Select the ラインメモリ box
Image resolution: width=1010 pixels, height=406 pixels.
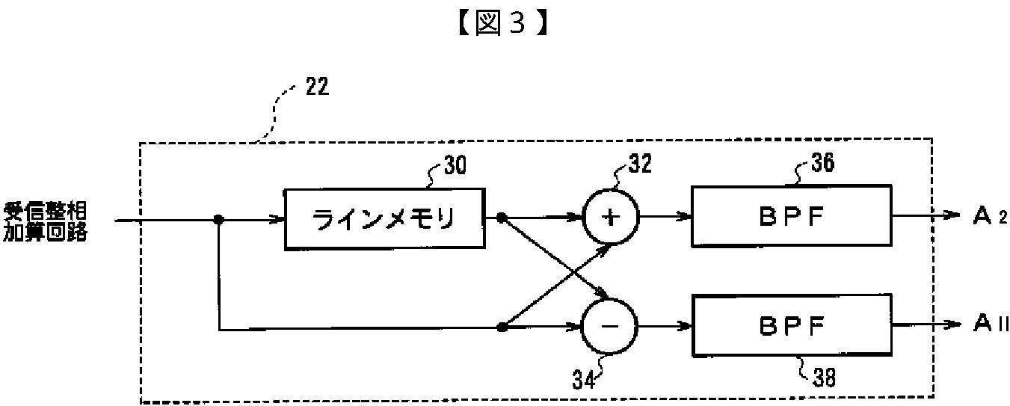tap(385, 219)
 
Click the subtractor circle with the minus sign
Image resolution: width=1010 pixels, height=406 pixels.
tap(610, 327)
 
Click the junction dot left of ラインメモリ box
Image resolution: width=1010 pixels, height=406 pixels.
tap(219, 220)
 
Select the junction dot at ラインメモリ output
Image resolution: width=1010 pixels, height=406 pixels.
tap(502, 219)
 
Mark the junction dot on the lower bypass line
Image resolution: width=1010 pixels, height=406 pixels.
tap(502, 327)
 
